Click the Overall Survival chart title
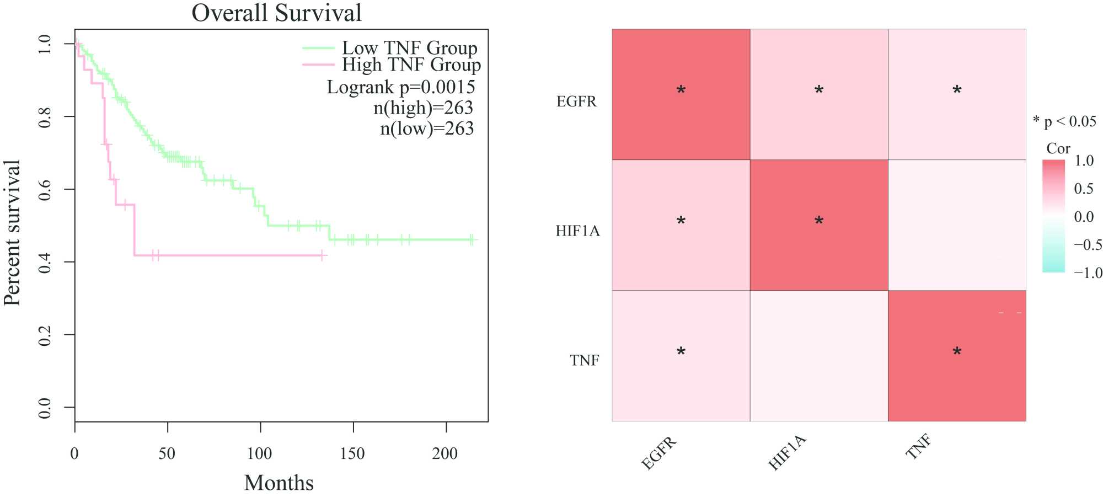[x=276, y=13]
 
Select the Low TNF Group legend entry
[x=409, y=48]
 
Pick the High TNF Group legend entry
[x=411, y=65]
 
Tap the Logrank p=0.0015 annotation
[x=401, y=87]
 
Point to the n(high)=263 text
[x=423, y=108]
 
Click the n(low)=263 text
[x=426, y=129]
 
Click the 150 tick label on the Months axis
[x=352, y=453]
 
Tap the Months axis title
[x=279, y=483]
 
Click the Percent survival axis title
[x=12, y=232]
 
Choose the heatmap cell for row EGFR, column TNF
[x=957, y=94]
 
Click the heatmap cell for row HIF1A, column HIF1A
[x=819, y=225]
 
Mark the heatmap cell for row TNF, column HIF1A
[x=819, y=356]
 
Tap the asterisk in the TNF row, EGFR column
[x=681, y=352]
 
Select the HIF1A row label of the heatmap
[x=577, y=231]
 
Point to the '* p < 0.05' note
[x=1064, y=121]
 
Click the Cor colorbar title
[x=1058, y=148]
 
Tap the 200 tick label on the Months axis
[x=445, y=453]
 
